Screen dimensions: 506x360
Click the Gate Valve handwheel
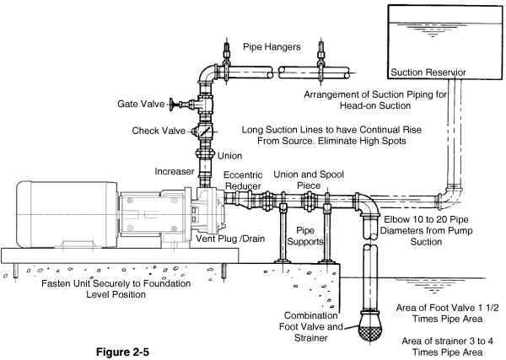pyautogui.click(x=172, y=105)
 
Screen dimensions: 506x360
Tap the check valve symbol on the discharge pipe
pyautogui.click(x=204, y=132)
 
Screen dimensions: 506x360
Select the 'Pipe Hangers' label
pyautogui.click(x=272, y=46)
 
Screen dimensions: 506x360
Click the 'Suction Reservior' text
pyautogui.click(x=428, y=73)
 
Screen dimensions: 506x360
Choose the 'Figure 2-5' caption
pyautogui.click(x=122, y=352)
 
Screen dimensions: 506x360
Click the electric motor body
pyautogui.click(x=67, y=214)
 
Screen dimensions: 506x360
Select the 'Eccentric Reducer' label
pyautogui.click(x=243, y=180)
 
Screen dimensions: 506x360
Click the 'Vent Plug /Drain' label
pyautogui.click(x=230, y=239)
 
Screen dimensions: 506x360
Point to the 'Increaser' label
pyautogui.click(x=175, y=171)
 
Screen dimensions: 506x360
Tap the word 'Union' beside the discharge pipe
pyautogui.click(x=229, y=156)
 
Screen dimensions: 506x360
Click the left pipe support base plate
pyautogui.click(x=283, y=261)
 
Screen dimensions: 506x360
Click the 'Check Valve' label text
pyautogui.click(x=159, y=131)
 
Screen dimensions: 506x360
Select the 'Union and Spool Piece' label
pyautogui.click(x=309, y=180)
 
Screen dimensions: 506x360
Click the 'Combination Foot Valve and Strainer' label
pyautogui.click(x=310, y=326)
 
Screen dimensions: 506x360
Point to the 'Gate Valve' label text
pyautogui.click(x=141, y=104)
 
